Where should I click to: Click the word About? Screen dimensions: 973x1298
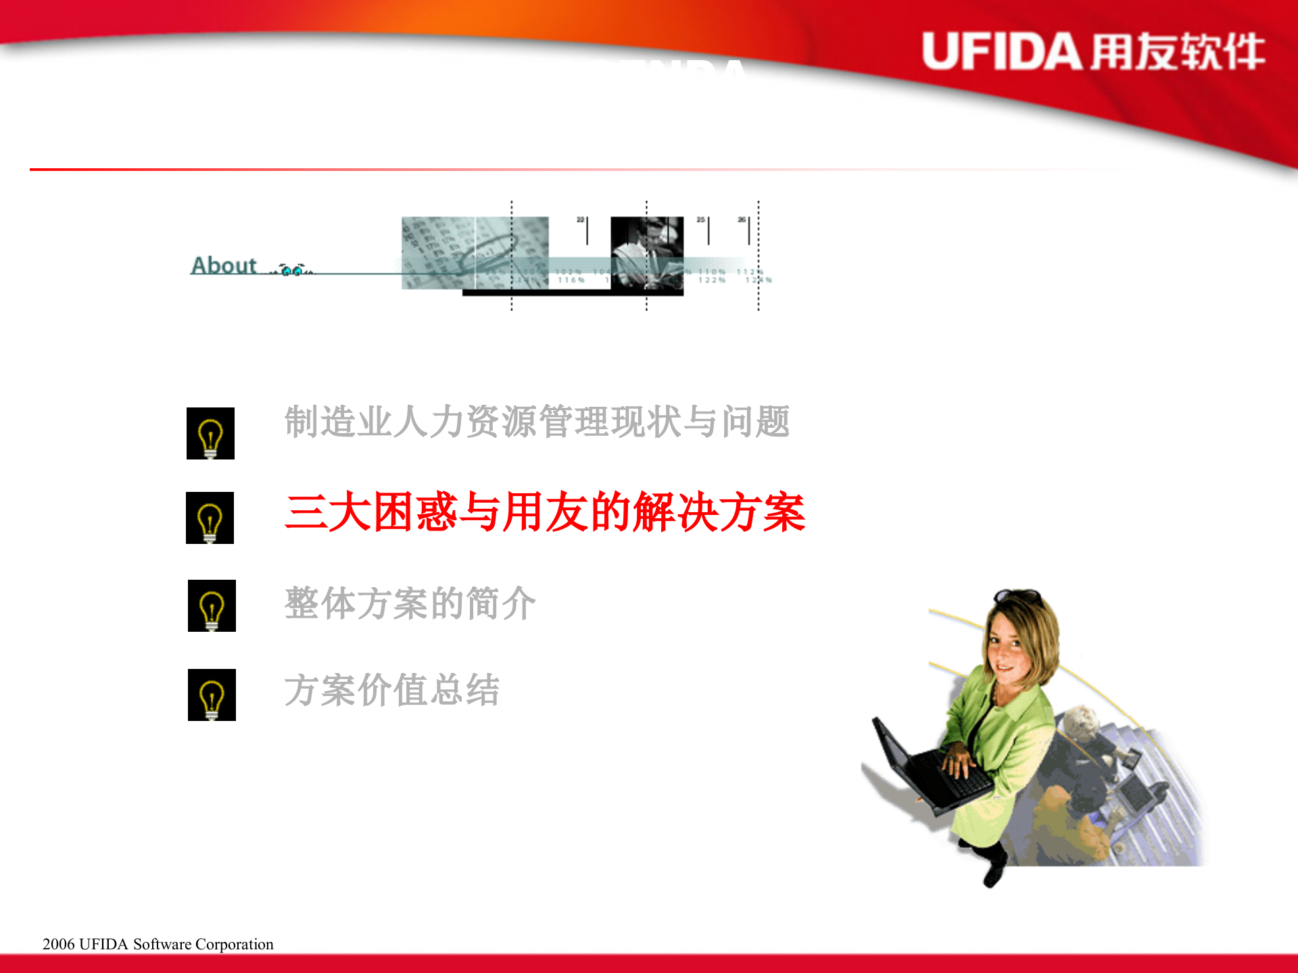click(x=224, y=266)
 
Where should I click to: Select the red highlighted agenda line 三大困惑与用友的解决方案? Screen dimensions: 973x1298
click(x=545, y=512)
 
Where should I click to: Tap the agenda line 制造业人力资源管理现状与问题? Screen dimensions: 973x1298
click(x=537, y=422)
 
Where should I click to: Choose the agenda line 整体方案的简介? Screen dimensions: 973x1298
click(x=410, y=603)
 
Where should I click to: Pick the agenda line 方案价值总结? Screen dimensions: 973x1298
click(x=392, y=690)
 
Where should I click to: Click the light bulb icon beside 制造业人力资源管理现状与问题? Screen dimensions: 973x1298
click(x=210, y=434)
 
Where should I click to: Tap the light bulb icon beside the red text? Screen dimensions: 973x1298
click(x=210, y=518)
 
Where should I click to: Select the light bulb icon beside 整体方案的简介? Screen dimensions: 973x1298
click(x=212, y=606)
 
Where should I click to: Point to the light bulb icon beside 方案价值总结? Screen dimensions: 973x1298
click(x=212, y=695)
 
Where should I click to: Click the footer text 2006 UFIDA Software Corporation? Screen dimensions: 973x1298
click(x=158, y=944)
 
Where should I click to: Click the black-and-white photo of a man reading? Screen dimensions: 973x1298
click(x=646, y=253)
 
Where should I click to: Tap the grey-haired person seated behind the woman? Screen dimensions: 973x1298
click(x=1085, y=726)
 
